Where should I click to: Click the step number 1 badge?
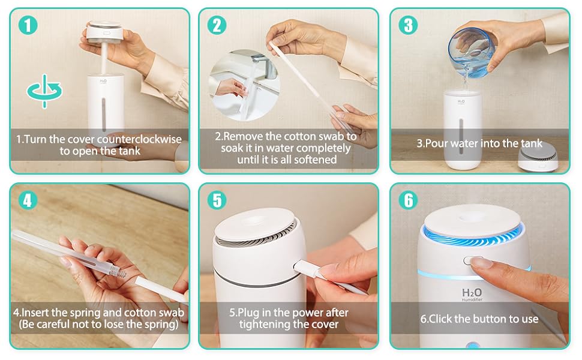coord(28,25)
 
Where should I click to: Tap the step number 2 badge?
coord(217,25)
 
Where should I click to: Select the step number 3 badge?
coord(409,25)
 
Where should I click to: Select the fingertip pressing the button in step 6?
coord(481,262)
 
